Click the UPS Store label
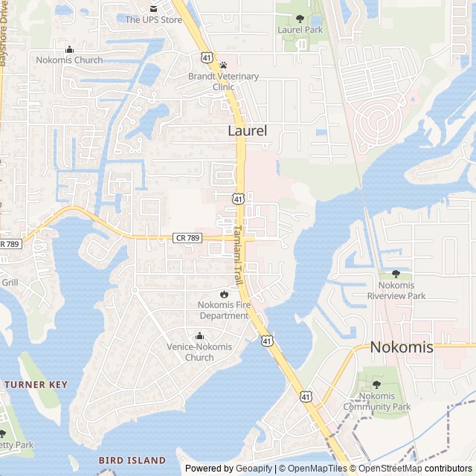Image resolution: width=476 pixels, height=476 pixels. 153,20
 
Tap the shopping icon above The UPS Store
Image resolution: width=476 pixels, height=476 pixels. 153,8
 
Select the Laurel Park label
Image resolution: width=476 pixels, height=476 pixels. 300,30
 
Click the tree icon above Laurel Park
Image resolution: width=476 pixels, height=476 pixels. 300,19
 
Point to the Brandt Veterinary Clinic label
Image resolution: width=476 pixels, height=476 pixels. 223,81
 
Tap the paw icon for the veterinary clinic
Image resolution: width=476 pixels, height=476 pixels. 223,65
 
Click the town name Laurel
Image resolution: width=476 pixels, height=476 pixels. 247,131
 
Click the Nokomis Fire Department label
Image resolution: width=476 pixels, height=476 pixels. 223,310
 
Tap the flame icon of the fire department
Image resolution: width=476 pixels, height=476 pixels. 223,295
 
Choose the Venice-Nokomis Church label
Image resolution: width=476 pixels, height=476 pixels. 199,352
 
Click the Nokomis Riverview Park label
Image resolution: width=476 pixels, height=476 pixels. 396,290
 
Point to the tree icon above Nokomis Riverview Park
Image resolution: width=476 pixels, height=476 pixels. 396,274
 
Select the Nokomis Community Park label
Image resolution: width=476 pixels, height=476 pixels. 376,402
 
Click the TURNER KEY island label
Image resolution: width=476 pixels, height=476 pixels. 36,385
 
